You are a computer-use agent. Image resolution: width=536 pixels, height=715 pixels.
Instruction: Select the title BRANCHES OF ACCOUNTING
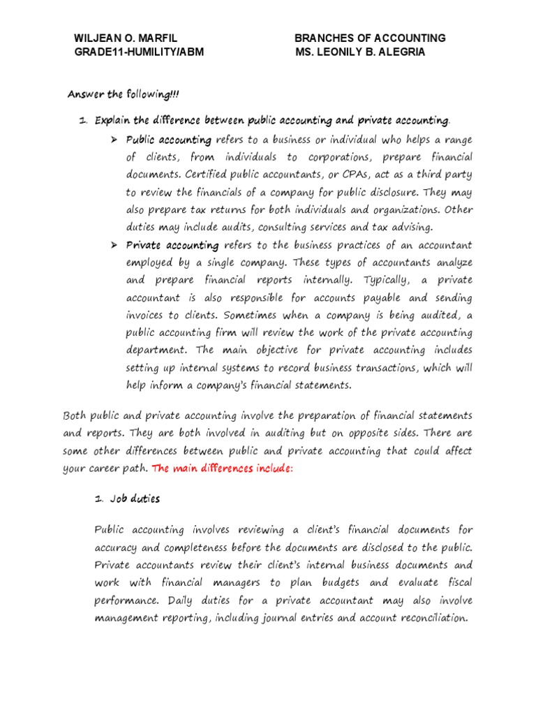(x=370, y=38)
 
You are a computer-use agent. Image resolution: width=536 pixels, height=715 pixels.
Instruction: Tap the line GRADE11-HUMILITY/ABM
(x=139, y=52)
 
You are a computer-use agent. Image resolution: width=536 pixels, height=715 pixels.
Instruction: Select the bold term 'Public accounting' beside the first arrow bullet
(x=168, y=140)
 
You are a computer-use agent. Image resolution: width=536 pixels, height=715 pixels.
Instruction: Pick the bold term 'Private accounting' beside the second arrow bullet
(x=172, y=245)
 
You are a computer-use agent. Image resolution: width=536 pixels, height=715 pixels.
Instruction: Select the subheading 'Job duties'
(x=135, y=499)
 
